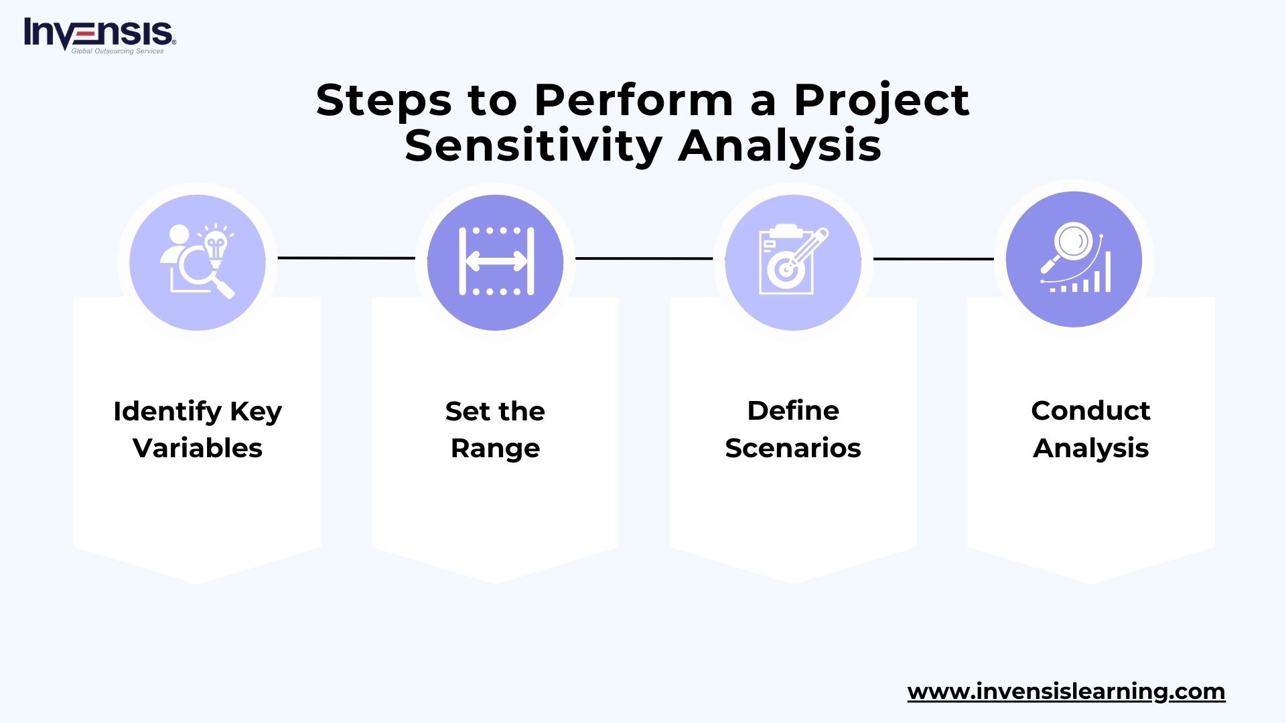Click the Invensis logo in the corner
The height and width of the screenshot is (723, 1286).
pyautogui.click(x=100, y=35)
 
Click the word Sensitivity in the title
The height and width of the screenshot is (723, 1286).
pyautogui.click(x=533, y=145)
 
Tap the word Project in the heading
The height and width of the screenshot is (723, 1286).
pyautogui.click(x=881, y=100)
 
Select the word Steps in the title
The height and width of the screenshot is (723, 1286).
pyautogui.click(x=384, y=100)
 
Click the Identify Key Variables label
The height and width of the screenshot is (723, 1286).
pyautogui.click(x=198, y=429)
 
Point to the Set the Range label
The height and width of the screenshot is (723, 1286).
pyautogui.click(x=495, y=429)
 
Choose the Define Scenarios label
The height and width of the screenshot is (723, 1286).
pyautogui.click(x=793, y=429)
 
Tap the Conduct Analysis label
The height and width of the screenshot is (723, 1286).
pyautogui.click(x=1090, y=429)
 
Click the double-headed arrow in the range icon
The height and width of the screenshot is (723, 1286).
pyautogui.click(x=496, y=262)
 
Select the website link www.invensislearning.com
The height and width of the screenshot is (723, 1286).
pyautogui.click(x=1066, y=692)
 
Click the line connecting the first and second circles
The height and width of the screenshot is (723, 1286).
pyautogui.click(x=346, y=258)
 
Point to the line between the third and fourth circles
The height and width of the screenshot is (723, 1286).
pyautogui.click(x=933, y=258)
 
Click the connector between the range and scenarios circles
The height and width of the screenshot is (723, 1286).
pyautogui.click(x=644, y=258)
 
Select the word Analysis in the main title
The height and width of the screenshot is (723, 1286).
pyautogui.click(x=780, y=145)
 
